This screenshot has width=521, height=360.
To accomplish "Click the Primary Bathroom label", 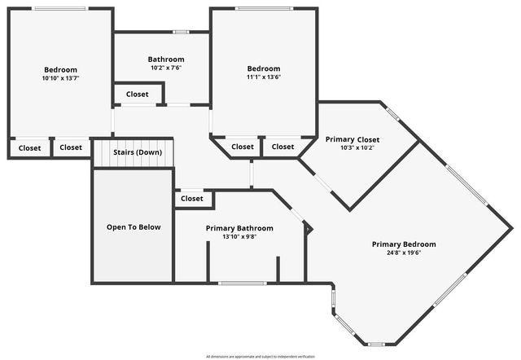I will pos(239,228).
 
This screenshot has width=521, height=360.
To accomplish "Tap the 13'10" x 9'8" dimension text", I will pos(239,236).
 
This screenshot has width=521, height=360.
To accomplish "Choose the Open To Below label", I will pos(134,226).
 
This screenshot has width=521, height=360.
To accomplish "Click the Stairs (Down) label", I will pos(137,152).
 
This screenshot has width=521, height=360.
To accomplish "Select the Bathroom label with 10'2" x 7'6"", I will pos(166,59).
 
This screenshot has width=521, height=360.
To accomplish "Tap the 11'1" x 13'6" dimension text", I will pos(264,77).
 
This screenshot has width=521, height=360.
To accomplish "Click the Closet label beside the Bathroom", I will pos(138,94).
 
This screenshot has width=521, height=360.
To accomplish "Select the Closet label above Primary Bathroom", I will pos(192,198).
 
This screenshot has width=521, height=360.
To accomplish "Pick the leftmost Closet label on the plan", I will pos(30,147).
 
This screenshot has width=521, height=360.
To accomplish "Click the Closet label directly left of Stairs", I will pos(71,147).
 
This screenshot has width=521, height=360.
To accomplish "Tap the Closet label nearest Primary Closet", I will pos(282,147).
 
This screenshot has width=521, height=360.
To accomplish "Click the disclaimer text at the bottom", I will pos(260,356).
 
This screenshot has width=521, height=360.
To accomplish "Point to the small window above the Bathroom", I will pos(181,32).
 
